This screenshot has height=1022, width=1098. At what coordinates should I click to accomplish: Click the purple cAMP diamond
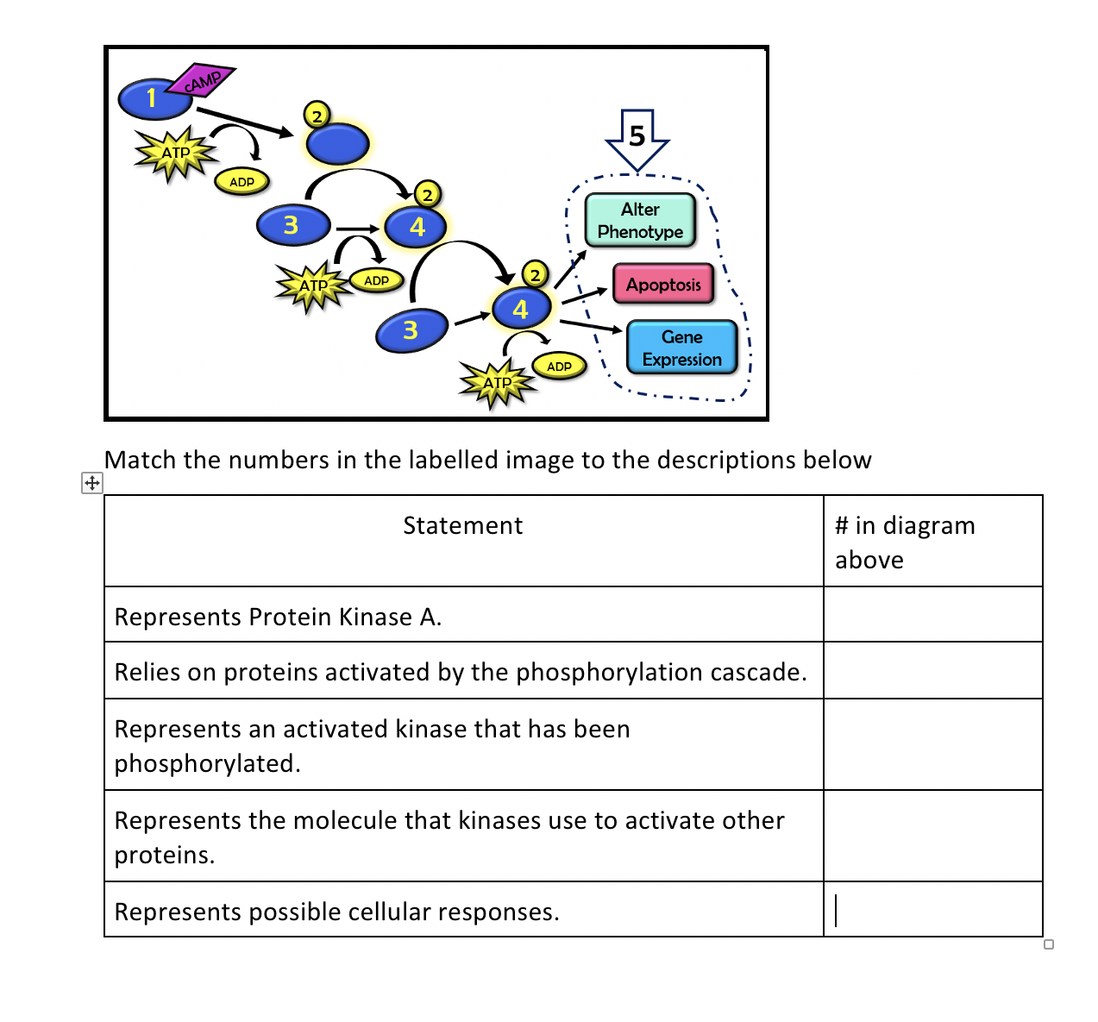click(201, 81)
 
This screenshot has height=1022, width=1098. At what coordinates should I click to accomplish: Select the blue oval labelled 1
click(154, 98)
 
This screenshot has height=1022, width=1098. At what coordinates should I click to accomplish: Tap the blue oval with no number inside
click(337, 144)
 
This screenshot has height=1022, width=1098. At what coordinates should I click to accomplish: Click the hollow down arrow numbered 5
click(637, 138)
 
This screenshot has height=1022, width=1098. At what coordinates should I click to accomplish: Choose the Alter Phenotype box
click(640, 220)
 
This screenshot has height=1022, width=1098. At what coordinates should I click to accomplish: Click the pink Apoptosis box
click(663, 285)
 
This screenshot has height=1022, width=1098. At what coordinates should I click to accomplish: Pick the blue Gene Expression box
click(681, 348)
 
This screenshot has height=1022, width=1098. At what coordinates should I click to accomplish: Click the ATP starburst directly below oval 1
click(176, 154)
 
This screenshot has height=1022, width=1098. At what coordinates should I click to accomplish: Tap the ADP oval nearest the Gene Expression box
click(559, 366)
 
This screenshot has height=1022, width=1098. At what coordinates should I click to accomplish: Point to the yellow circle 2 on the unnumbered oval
click(317, 115)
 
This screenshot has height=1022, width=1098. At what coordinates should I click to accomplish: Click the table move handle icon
click(91, 482)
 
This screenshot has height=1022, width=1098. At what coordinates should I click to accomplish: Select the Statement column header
click(463, 526)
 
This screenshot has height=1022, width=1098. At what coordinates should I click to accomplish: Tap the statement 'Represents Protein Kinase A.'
click(278, 618)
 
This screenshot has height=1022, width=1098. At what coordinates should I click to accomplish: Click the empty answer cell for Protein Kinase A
click(932, 615)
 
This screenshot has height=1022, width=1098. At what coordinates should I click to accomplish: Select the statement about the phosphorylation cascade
click(461, 673)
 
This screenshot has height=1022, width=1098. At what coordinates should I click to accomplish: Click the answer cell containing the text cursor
click(932, 910)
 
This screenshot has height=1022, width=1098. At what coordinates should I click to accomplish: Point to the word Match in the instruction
click(141, 461)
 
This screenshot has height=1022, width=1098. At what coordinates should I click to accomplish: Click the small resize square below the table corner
click(1049, 944)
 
